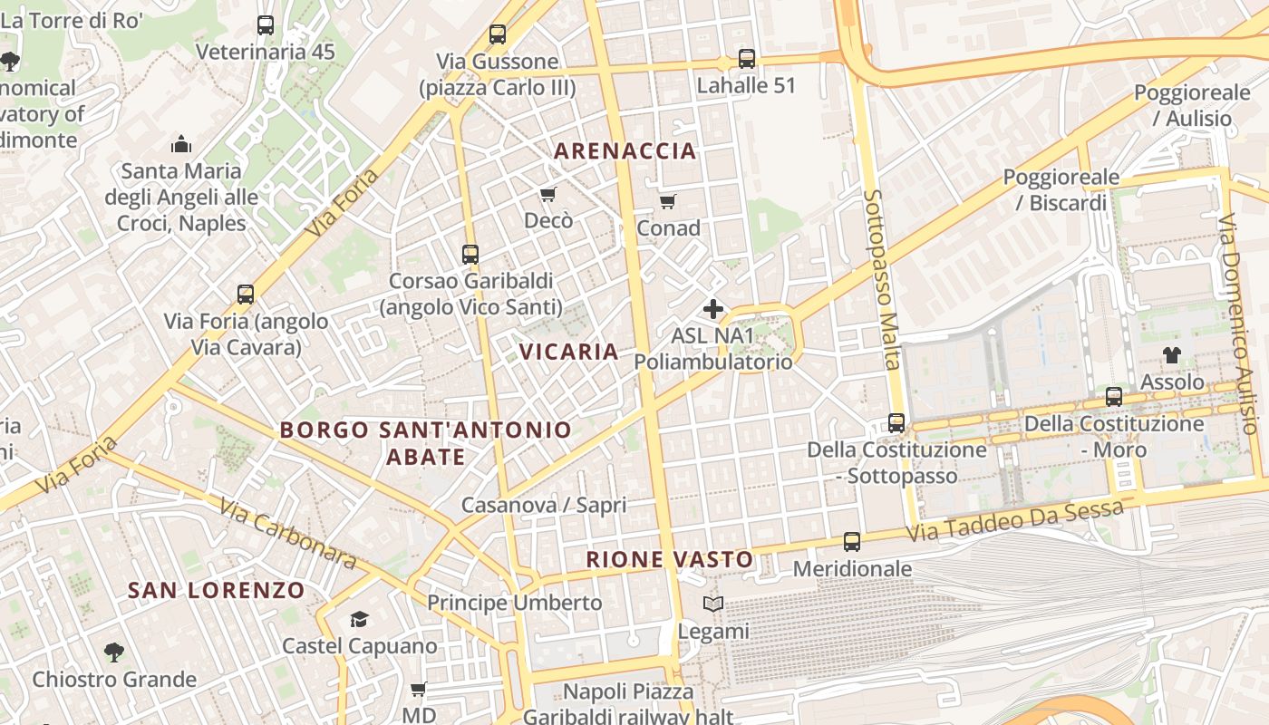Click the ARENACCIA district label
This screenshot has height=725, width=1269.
click(x=625, y=150)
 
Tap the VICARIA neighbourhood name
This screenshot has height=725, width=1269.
click(x=568, y=351)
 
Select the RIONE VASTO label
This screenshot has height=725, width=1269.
click(x=669, y=559)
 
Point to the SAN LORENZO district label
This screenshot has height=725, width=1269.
click(x=217, y=591)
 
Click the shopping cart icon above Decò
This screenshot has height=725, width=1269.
click(x=547, y=195)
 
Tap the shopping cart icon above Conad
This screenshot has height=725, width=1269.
click(x=668, y=201)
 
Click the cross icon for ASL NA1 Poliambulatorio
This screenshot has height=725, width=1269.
click(x=713, y=309)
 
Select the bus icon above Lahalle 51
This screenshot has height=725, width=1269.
click(x=746, y=59)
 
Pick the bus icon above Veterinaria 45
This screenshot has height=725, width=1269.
click(x=265, y=25)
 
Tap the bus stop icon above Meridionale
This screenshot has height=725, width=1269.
click(x=852, y=542)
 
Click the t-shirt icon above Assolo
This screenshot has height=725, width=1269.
click(x=1172, y=355)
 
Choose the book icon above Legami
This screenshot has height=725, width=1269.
click(x=713, y=604)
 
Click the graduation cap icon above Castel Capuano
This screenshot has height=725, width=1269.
click(x=359, y=620)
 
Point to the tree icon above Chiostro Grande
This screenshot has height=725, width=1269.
click(x=113, y=652)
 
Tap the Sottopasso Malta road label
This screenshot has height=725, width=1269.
click(x=882, y=279)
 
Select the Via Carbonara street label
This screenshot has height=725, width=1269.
click(x=287, y=534)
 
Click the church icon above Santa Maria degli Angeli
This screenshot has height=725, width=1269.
click(x=181, y=144)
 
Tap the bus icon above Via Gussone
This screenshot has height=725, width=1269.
click(x=498, y=34)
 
